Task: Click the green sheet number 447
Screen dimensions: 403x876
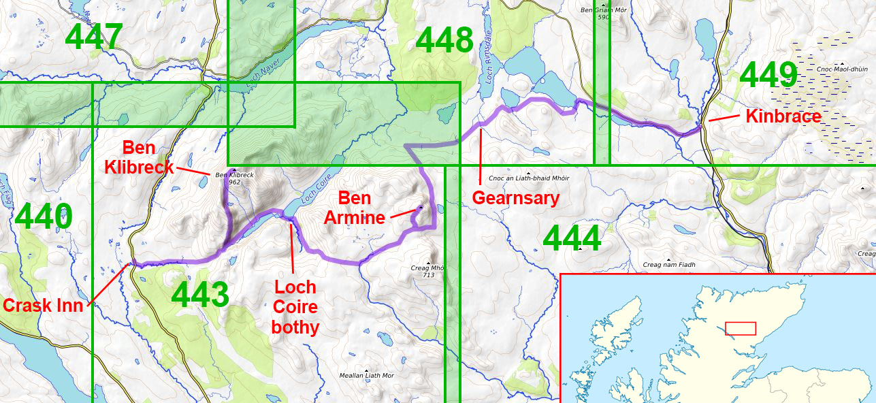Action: pyautogui.click(x=94, y=37)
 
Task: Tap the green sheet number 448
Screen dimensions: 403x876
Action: pyautogui.click(x=444, y=41)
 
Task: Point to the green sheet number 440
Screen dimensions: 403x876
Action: pyautogui.click(x=43, y=217)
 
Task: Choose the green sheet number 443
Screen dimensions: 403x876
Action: pyautogui.click(x=200, y=295)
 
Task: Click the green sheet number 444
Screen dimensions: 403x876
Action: pyautogui.click(x=572, y=239)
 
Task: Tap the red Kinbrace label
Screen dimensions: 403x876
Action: pyautogui.click(x=783, y=116)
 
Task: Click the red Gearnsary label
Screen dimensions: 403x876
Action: pyautogui.click(x=515, y=198)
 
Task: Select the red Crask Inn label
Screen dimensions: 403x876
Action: pyautogui.click(x=43, y=306)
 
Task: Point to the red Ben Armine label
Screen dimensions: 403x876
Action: pyautogui.click(x=355, y=208)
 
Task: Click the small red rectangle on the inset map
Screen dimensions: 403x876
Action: pyautogui.click(x=740, y=328)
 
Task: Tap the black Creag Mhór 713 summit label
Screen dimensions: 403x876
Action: pyautogui.click(x=429, y=270)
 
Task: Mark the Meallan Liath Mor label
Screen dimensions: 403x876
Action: pyautogui.click(x=366, y=375)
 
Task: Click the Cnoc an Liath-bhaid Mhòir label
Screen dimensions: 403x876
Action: pyautogui.click(x=529, y=178)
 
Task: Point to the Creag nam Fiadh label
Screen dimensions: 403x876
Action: pyautogui.click(x=670, y=264)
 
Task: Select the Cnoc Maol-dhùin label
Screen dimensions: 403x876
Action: pyautogui.click(x=841, y=69)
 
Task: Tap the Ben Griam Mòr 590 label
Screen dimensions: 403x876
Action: pyautogui.click(x=603, y=13)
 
